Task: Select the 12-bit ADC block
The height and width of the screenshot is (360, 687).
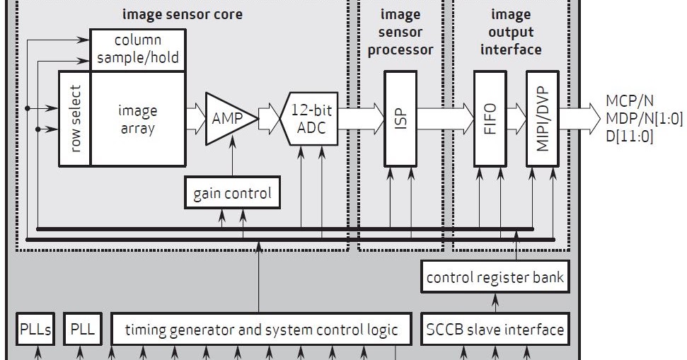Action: [x=311, y=118]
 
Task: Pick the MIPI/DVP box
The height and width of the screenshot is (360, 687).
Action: [x=541, y=118]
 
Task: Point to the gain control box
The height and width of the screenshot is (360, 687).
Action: [x=232, y=193]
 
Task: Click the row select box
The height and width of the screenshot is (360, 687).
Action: [x=74, y=118]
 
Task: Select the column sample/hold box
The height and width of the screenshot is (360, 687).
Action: [x=138, y=50]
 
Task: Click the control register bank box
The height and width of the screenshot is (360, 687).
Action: [x=495, y=277]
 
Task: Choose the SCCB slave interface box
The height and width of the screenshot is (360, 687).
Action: [x=495, y=330]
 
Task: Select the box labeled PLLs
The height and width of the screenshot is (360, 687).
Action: [x=35, y=330]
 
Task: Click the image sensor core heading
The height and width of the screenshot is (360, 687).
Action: [x=183, y=14]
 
